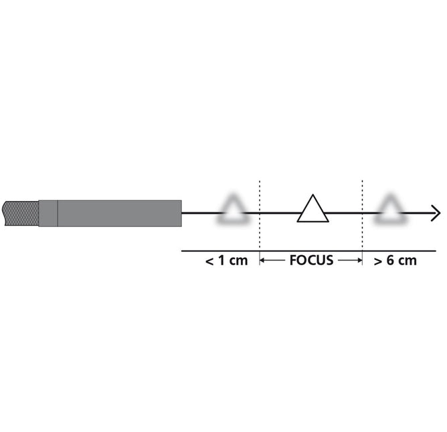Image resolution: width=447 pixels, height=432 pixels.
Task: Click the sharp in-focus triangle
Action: click(x=312, y=210)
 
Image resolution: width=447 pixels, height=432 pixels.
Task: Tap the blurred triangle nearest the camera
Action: click(x=233, y=210)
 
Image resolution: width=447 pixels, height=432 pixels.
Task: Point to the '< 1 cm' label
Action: click(x=226, y=261)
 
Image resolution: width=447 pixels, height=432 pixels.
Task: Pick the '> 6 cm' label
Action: click(x=395, y=261)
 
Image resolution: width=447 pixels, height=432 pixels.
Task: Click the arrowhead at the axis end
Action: click(x=436, y=214)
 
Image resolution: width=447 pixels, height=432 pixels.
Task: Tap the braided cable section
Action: click(x=20, y=213)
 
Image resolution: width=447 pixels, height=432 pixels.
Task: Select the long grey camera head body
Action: click(x=120, y=213)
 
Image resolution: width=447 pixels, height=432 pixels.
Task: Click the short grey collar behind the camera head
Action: click(x=48, y=213)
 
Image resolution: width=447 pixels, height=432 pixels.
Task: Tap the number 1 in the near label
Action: click(x=223, y=261)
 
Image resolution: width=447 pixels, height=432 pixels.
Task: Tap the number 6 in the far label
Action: click(x=391, y=261)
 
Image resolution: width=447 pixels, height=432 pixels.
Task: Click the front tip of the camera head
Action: click(x=181, y=213)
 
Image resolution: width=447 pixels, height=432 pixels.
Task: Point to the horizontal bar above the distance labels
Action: click(x=308, y=250)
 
